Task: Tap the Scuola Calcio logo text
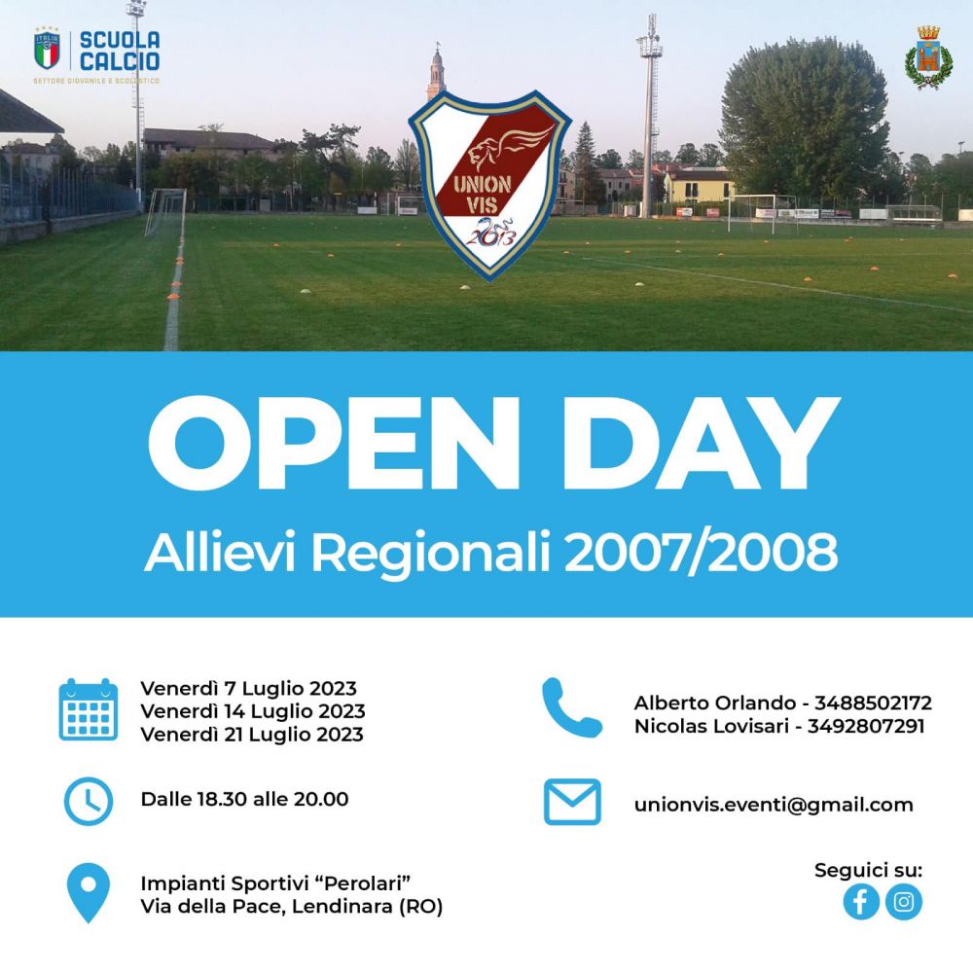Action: pyautogui.click(x=120, y=51)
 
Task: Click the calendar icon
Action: pyautogui.click(x=88, y=710)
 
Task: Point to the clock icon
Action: pyautogui.click(x=88, y=801)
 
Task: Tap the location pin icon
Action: pyautogui.click(x=88, y=894)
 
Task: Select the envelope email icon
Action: pyautogui.click(x=571, y=803)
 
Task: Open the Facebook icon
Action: pyautogui.click(x=860, y=902)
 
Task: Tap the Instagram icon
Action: pyautogui.click(x=904, y=902)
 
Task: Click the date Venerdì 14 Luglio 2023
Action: pyautogui.click(x=252, y=711)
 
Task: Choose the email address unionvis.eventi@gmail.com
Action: pyautogui.click(x=774, y=805)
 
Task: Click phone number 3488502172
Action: pyautogui.click(x=874, y=703)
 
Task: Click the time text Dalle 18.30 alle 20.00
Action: pyautogui.click(x=244, y=800)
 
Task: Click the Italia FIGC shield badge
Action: pyautogui.click(x=47, y=51)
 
